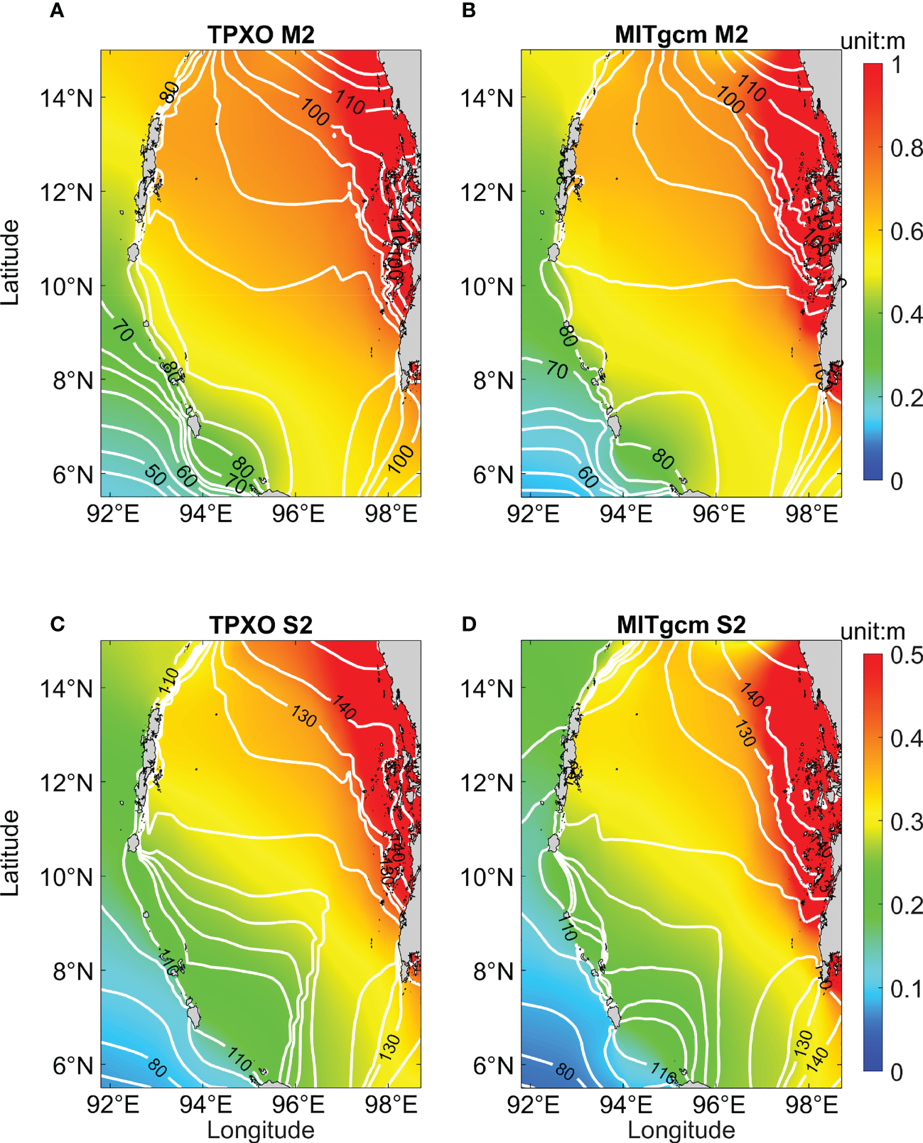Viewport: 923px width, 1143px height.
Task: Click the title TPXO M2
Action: point(261,35)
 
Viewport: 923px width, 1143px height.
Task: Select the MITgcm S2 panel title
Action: point(681,625)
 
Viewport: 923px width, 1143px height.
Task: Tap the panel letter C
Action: point(58,624)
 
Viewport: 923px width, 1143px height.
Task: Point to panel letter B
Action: point(469,12)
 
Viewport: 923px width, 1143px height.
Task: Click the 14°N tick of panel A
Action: point(66,98)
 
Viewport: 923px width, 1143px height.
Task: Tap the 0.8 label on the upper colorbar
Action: point(907,148)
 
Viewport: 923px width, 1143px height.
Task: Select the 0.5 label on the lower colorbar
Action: point(907,655)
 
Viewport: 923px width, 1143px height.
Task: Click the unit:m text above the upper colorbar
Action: point(873,41)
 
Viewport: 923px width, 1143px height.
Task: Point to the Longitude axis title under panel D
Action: point(681,1130)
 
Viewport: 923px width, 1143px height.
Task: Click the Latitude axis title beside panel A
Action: point(11,262)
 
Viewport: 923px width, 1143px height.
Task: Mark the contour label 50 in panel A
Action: point(156,475)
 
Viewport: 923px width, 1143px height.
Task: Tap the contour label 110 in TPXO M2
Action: point(350,104)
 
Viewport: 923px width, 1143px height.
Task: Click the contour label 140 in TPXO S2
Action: point(345,708)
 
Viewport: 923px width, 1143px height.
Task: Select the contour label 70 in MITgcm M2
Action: point(557,369)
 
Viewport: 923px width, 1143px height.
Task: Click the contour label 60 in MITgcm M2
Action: point(588,477)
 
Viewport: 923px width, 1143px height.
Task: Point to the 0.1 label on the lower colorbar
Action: point(907,988)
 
